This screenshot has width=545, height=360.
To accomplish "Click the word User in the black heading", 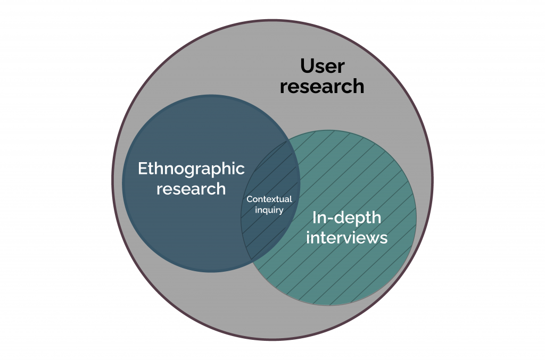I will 323,66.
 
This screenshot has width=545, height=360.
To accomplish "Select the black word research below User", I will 322,86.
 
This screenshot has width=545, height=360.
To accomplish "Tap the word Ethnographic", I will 191,169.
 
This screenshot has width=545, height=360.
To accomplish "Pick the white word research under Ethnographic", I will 191,189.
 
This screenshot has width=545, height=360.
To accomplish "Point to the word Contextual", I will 269,199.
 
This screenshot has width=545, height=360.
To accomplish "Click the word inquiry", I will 269,210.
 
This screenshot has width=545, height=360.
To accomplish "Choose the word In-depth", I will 346,217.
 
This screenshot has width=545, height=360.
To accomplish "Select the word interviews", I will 346,237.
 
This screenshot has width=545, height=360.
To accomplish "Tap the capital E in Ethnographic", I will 142,169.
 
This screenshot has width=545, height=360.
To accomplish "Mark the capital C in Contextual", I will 249,199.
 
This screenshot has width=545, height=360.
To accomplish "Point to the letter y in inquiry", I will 281,211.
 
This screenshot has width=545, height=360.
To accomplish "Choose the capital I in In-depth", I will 314,217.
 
